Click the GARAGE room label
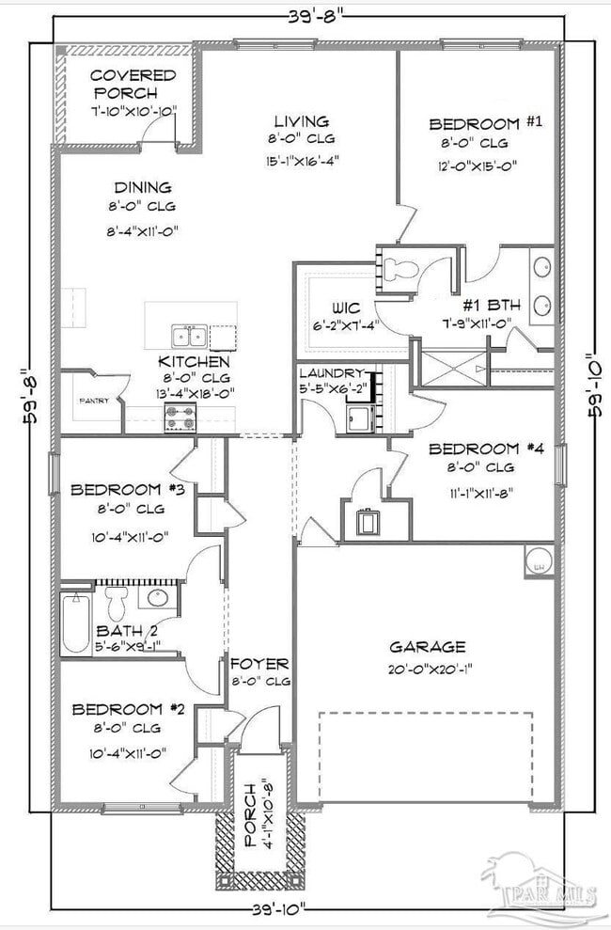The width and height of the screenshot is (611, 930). click(428, 647)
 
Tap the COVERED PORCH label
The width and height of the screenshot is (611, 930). click(133, 84)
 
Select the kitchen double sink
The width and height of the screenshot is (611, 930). click(190, 336)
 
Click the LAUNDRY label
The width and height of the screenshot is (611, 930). click(328, 373)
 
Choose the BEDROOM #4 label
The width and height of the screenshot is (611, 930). click(473, 449)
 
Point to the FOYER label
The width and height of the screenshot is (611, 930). click(259, 664)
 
